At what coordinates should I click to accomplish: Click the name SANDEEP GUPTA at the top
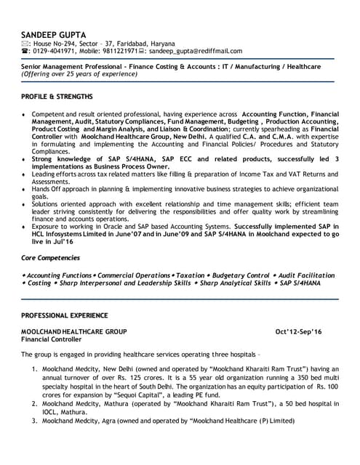coord(52,34)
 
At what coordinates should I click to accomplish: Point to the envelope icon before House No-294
coord(25,44)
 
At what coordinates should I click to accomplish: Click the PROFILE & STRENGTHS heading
coord(57,96)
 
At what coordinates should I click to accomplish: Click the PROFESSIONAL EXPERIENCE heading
coord(64,315)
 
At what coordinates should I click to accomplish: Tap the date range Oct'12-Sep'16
coord(298,331)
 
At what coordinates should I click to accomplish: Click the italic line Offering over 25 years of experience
coord(79,74)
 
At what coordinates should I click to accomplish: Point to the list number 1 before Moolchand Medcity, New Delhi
coord(34,369)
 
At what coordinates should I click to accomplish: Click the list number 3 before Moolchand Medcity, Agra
coord(34,421)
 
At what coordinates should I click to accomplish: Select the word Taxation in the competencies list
coord(191,275)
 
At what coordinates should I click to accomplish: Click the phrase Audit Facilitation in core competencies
coord(305,275)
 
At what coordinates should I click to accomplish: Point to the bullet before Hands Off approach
coord(25,187)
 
